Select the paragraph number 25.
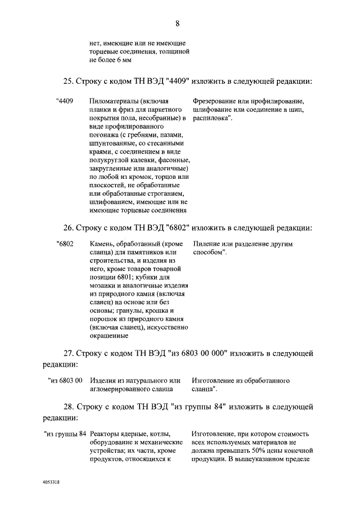click(x=67, y=81)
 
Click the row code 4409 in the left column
click(x=65, y=101)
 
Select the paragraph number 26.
click(x=67, y=228)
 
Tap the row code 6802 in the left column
click(x=65, y=245)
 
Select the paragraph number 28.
click(x=69, y=406)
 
